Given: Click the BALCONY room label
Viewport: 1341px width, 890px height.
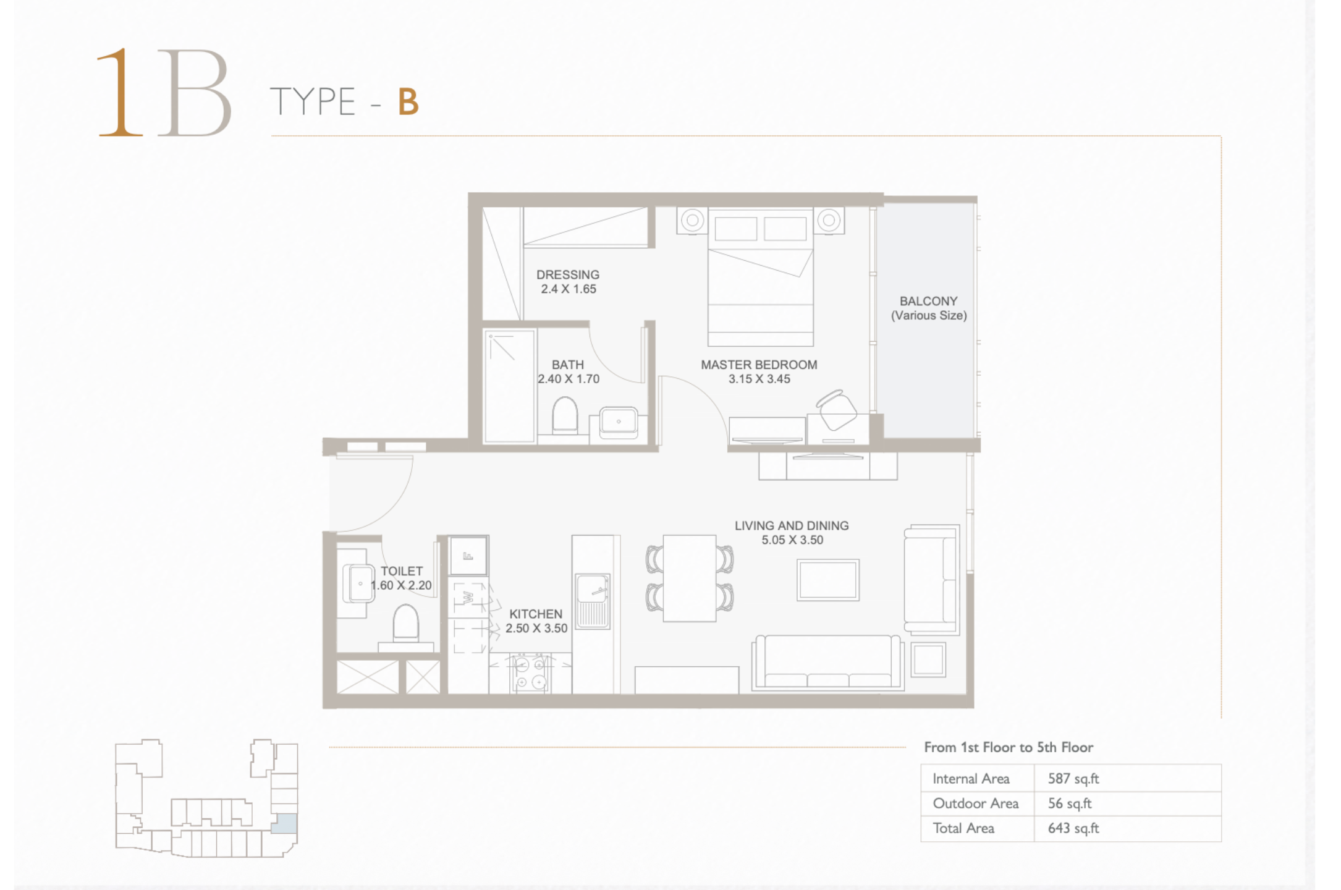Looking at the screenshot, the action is [x=928, y=301].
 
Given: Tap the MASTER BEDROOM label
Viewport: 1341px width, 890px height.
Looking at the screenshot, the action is [x=759, y=365].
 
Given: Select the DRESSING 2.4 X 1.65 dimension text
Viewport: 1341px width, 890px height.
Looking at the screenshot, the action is [x=569, y=289].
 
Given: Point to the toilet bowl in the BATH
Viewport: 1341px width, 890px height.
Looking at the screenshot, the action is [x=564, y=415].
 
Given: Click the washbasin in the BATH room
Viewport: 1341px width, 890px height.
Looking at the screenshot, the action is [x=618, y=422].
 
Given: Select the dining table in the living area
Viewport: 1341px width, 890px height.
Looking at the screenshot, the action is [x=690, y=578].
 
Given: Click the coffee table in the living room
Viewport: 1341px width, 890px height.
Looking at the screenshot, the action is [x=828, y=580].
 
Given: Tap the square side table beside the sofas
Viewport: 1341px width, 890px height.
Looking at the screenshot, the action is [x=928, y=659].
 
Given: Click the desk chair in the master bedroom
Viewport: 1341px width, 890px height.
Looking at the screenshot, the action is [x=837, y=410].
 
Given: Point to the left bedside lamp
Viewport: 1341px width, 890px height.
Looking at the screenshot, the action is [x=693, y=220].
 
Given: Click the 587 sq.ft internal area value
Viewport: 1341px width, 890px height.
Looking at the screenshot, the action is [x=1073, y=779].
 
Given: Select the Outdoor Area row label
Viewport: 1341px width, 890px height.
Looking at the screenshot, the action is [x=976, y=803].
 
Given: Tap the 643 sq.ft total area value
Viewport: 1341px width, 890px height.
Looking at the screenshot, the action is [x=1073, y=828].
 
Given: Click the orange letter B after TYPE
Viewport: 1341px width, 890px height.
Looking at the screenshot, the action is [x=408, y=102].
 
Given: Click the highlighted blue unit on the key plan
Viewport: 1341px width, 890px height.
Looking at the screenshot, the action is [x=284, y=824].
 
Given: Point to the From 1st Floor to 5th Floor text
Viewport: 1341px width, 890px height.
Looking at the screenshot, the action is [x=1009, y=747].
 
